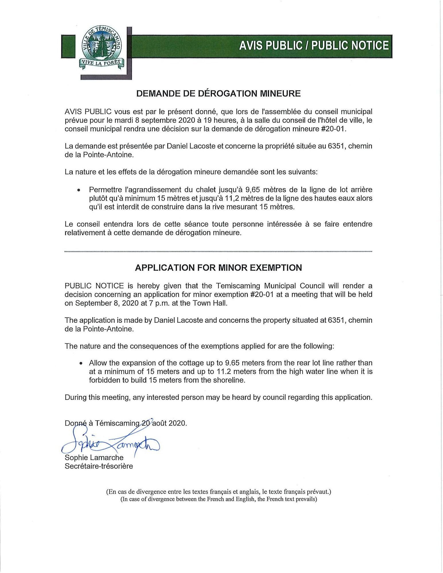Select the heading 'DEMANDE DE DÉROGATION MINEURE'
point(218,93)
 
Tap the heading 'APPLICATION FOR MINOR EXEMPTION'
point(218,268)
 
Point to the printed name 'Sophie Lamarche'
point(94,457)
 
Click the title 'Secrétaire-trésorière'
point(99,466)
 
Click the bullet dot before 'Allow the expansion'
point(81,363)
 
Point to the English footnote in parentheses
point(218,499)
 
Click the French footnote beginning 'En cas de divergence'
point(218,492)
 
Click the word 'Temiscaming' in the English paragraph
point(238,286)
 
